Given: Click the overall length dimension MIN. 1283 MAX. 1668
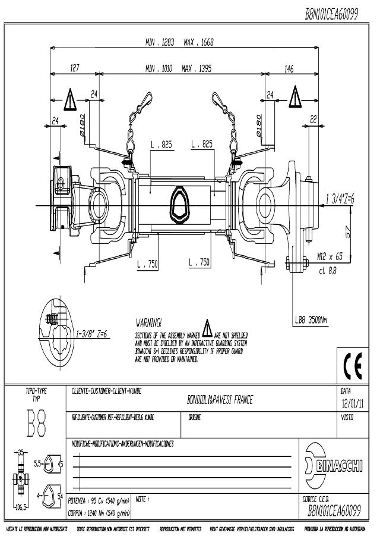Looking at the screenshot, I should tap(179, 42).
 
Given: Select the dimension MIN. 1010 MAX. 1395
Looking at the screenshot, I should tap(178, 69).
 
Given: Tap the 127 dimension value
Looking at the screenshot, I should tap(75, 69).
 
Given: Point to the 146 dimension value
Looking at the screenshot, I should tap(289, 69).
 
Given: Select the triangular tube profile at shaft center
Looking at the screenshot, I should tap(180, 206).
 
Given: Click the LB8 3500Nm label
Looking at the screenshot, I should tap(311, 320).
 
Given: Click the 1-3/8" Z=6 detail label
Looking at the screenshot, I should tap(91, 334).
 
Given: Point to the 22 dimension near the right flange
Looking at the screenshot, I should tap(313, 118).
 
